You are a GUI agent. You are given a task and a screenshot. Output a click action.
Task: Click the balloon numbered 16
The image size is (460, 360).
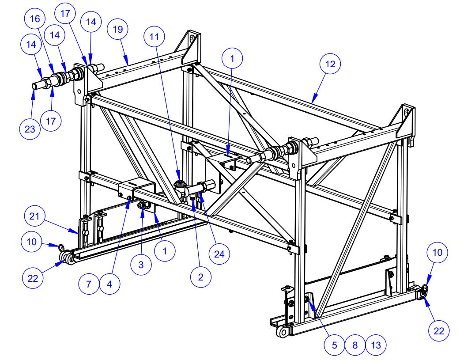tap(35, 19)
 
